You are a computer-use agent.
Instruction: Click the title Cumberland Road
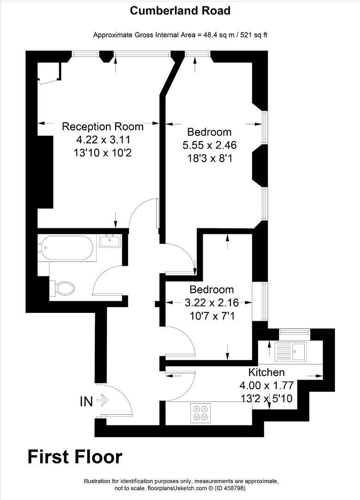(180, 11)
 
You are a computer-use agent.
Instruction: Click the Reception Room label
(103, 126)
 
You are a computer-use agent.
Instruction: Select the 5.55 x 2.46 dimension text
(210, 145)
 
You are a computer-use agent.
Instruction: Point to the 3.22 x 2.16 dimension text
(211, 303)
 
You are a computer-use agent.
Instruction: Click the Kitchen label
(267, 372)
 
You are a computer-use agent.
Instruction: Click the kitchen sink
(291, 351)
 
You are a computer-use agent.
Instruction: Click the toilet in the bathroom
(64, 288)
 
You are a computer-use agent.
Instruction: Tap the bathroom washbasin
(110, 241)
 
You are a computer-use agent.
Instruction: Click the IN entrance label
(87, 401)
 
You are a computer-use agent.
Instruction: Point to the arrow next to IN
(102, 400)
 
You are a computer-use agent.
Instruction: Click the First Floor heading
(75, 456)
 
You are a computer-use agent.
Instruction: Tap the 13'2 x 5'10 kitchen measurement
(267, 398)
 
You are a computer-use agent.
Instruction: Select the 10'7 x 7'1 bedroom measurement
(211, 316)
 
